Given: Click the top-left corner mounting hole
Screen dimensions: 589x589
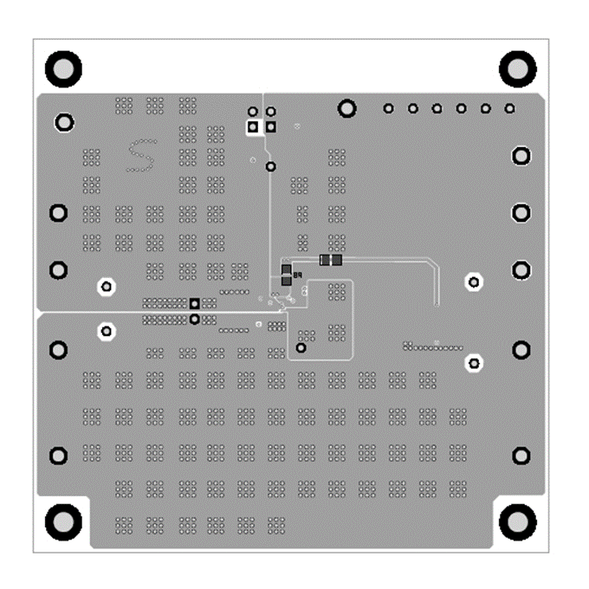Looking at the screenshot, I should coord(62,67).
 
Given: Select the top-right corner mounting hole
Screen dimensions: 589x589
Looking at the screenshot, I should coord(517,67).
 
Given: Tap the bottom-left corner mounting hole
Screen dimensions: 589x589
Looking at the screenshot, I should coord(62,521).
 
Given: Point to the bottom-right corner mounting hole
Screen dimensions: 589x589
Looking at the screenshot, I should coord(517,521).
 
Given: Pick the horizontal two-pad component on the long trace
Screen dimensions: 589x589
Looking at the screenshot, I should coord(330,259).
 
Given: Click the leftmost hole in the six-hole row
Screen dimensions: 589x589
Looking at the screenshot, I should coord(389,108).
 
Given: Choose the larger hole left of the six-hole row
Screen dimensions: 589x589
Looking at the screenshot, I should coord(347,107).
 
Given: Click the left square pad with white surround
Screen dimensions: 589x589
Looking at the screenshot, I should coord(253,127).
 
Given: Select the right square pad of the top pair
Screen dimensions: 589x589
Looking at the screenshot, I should coord(271,127).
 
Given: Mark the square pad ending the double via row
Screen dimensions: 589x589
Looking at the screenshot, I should coord(195,303).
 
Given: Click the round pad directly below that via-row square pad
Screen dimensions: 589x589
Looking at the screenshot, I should coord(195,319).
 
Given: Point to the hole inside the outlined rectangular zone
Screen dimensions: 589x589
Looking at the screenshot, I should coord(301,347).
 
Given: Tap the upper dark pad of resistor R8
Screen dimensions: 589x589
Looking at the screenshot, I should coord(285,269).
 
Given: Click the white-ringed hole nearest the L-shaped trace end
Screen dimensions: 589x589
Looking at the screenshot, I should coord(474,282).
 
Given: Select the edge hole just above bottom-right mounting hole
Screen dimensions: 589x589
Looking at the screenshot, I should coord(521,456).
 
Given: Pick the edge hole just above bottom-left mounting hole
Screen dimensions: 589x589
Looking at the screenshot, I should coord(59,456).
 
